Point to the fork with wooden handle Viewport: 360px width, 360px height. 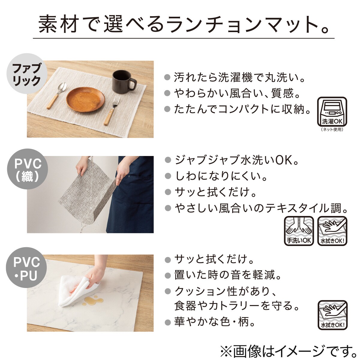coord(112,110)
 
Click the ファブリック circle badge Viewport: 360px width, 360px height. coord(26,74)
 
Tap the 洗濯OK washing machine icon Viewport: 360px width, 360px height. coord(332,111)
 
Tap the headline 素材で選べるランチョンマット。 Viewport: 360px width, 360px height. coord(184,25)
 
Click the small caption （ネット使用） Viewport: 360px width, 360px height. coord(332,130)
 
